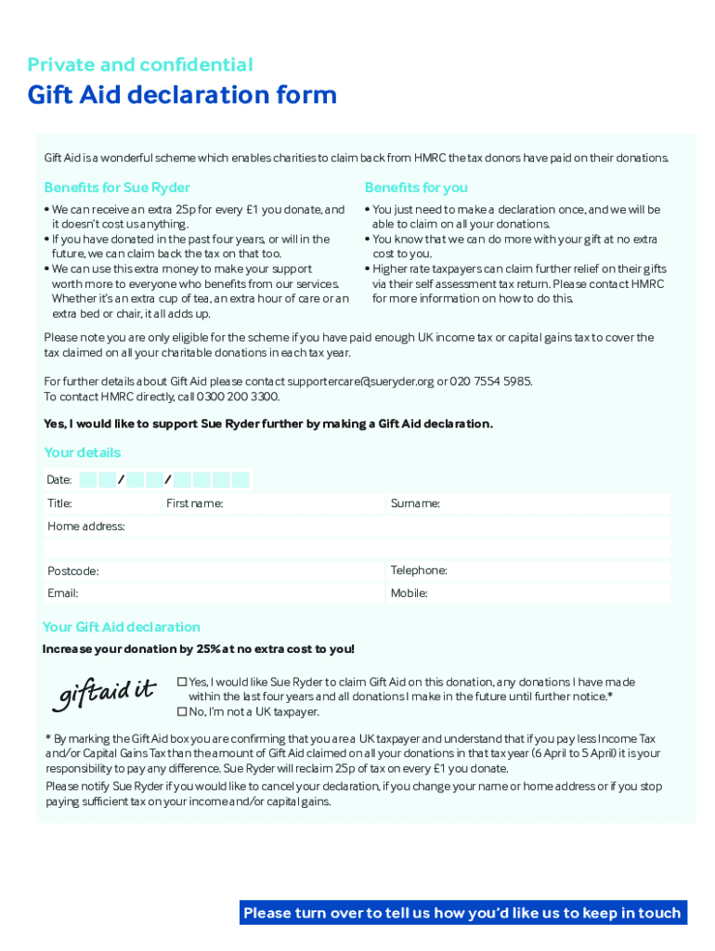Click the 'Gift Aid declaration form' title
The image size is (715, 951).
[x=182, y=96]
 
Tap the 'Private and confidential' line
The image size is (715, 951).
[x=140, y=64]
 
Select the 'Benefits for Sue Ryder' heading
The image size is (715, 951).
[x=117, y=188]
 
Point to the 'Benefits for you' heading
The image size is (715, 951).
[x=416, y=188]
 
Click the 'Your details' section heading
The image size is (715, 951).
[x=83, y=452]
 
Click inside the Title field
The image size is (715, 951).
[x=116, y=503]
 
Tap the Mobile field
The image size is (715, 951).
[x=548, y=593]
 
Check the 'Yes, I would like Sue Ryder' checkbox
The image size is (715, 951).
[x=182, y=683]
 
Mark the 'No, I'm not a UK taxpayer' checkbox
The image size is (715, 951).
[x=182, y=712]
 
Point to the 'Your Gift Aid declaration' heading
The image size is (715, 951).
[x=122, y=627]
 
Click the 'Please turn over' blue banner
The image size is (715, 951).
[x=462, y=913]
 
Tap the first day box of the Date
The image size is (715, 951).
[x=88, y=480]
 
